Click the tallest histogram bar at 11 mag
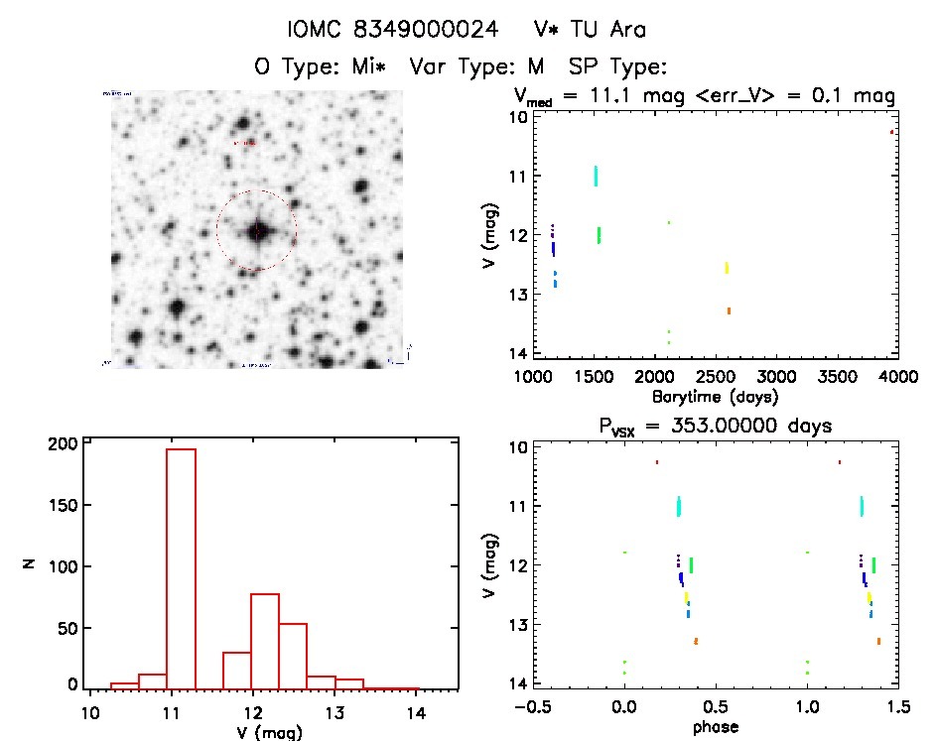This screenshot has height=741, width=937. [182, 565]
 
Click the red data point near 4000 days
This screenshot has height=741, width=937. [892, 131]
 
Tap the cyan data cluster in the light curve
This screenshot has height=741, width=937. [596, 176]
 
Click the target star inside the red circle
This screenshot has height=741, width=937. [257, 231]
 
